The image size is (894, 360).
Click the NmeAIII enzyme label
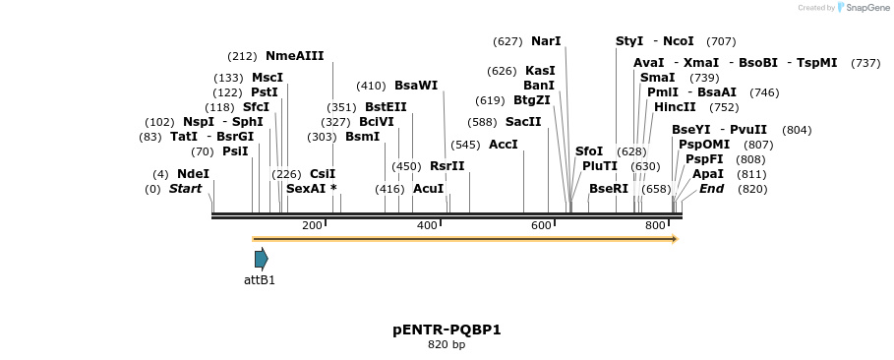click(x=294, y=56)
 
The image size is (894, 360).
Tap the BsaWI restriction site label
click(x=415, y=86)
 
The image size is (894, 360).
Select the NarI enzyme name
click(x=546, y=41)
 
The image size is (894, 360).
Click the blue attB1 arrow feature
click(x=261, y=259)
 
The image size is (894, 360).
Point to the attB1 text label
click(x=260, y=280)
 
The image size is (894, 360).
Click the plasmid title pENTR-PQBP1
click(x=447, y=330)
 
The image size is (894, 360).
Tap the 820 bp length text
click(x=447, y=345)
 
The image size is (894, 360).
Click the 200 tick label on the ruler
click(x=312, y=226)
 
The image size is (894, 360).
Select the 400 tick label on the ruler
click(x=427, y=226)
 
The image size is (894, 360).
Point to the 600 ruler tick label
click(x=541, y=226)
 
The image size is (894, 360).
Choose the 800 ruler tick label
click(x=656, y=226)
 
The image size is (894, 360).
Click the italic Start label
click(x=185, y=189)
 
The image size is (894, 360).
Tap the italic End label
click(x=711, y=189)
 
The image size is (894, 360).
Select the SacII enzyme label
click(x=523, y=122)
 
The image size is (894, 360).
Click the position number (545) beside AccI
click(x=466, y=145)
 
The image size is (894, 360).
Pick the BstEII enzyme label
click(x=386, y=107)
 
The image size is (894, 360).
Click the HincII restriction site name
click(x=675, y=107)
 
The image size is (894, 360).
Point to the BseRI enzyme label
click(x=608, y=189)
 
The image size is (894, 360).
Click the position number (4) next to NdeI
click(x=160, y=174)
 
